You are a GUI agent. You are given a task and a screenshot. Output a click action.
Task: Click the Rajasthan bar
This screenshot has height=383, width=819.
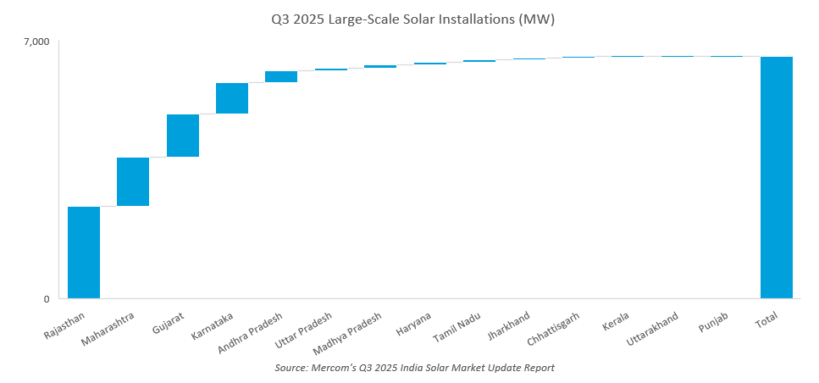[84, 253]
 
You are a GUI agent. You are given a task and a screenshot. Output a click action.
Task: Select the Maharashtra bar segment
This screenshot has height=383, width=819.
[133, 181]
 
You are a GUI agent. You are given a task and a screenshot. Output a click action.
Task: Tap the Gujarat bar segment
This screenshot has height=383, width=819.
[183, 136]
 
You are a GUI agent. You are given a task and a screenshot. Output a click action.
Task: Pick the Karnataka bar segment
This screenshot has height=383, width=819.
[232, 98]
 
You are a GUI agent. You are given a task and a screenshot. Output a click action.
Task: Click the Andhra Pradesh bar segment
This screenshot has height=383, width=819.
[281, 77]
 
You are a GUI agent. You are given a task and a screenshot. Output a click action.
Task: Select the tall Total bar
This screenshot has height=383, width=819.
[776, 178]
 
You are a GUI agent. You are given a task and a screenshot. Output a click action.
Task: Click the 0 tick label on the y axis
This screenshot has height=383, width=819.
[47, 299]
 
